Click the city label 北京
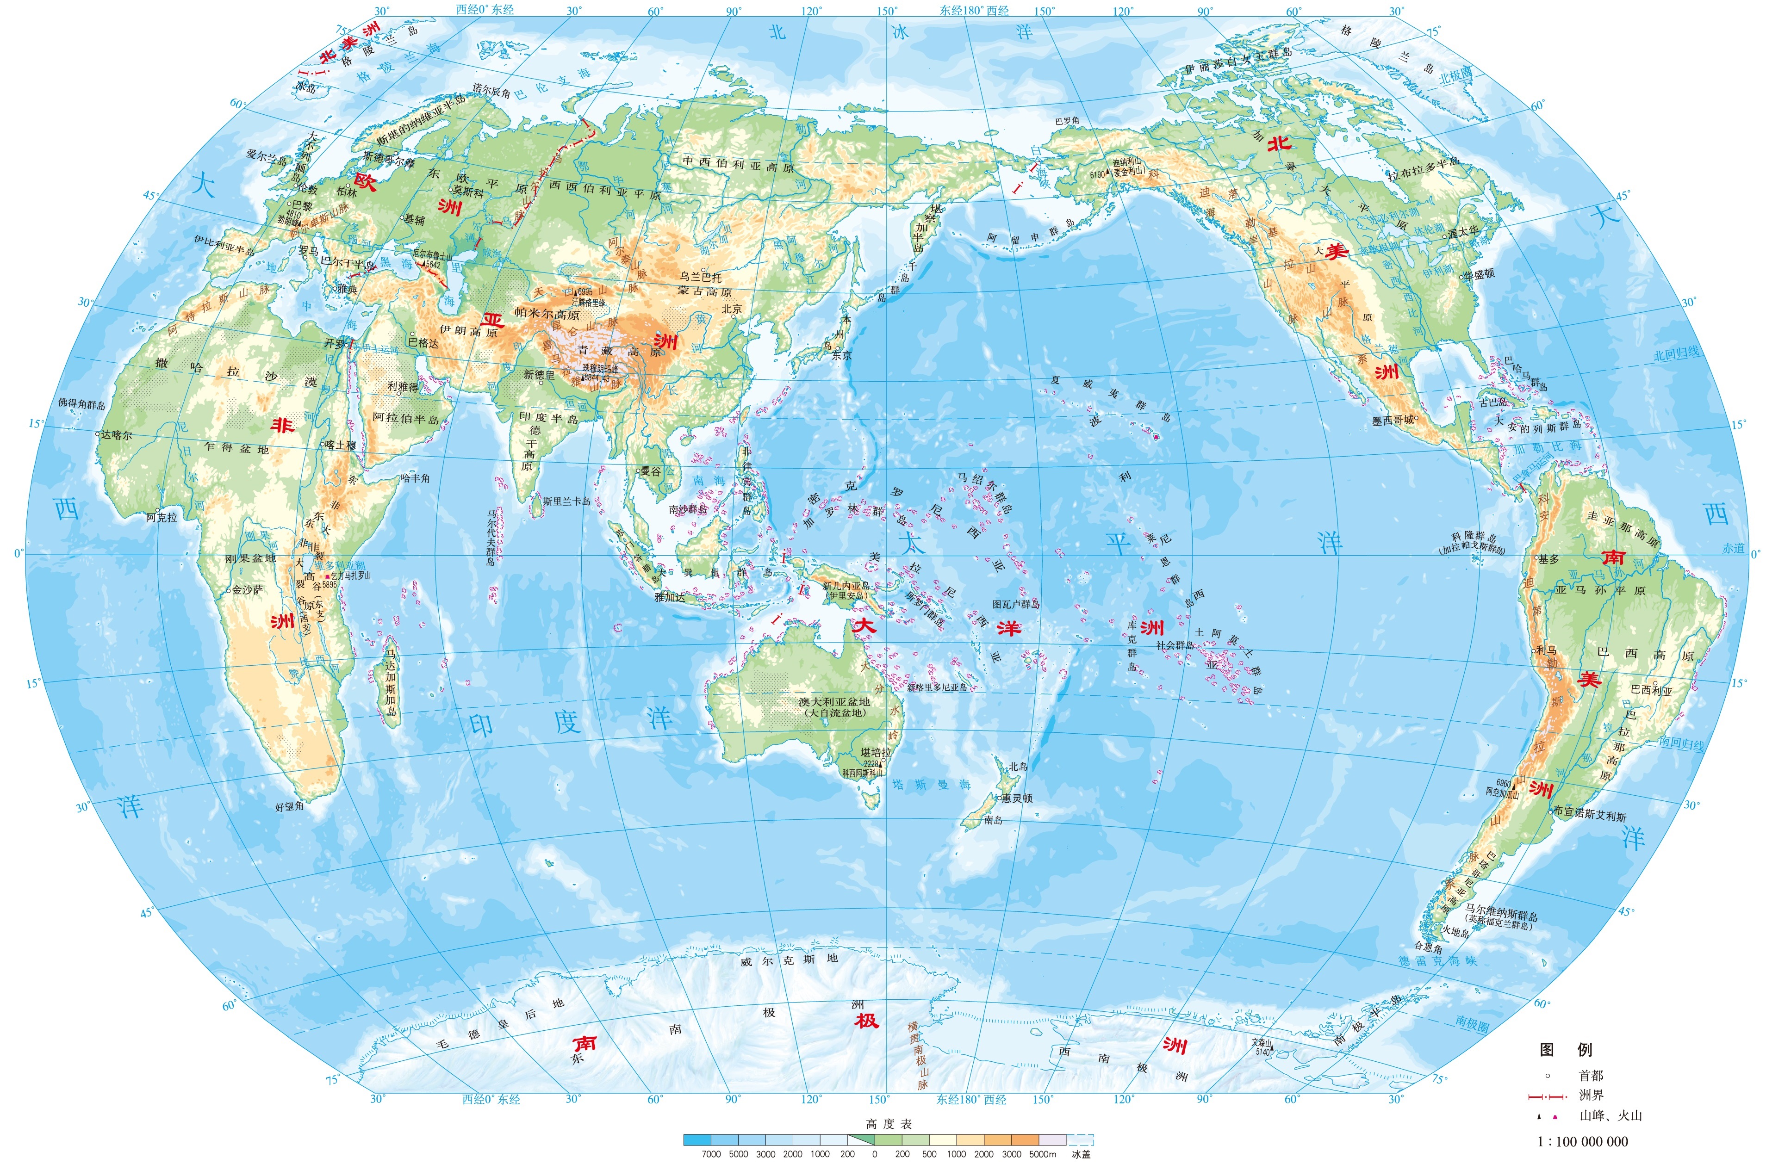(x=732, y=309)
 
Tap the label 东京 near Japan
(x=841, y=356)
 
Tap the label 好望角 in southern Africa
(x=290, y=807)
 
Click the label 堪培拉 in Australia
(x=876, y=753)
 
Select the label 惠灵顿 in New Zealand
(x=1017, y=798)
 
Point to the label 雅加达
(x=670, y=597)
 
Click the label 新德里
(x=538, y=375)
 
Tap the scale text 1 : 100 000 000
(x=1582, y=1142)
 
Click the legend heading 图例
(x=1566, y=1050)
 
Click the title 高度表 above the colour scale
(x=888, y=1124)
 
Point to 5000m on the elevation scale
(x=1042, y=1154)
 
